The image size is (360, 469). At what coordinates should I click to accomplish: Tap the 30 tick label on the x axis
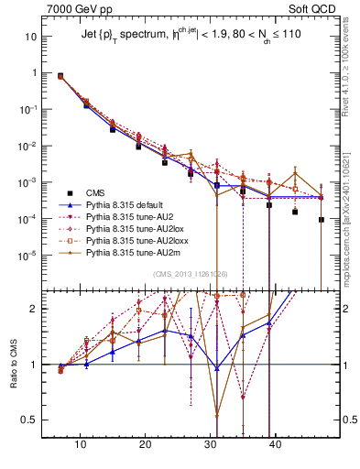pyautogui.click(x=211, y=443)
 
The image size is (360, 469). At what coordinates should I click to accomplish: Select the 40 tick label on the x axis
pyautogui.click(x=276, y=443)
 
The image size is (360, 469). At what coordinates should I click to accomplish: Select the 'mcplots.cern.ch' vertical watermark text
pyautogui.click(x=349, y=202)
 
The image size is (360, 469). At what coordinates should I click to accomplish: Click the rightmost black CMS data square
pyautogui.click(x=322, y=220)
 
